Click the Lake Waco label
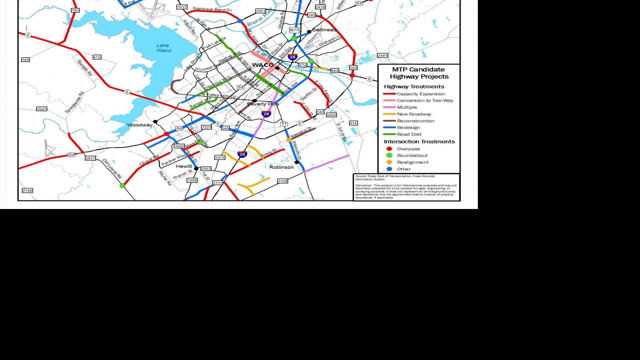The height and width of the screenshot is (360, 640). pos(163,48)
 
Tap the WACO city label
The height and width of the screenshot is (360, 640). pos(263,65)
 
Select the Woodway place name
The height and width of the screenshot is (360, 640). pos(140,125)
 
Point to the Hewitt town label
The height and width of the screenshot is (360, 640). pos(184,166)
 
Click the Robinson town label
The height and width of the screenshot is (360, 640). pos(282,167)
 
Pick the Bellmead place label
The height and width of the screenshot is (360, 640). pos(324,30)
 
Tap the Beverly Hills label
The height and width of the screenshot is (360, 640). pos(263,104)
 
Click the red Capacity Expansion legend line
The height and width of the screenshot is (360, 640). pos(390,94)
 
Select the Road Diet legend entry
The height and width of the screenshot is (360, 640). pos(409,134)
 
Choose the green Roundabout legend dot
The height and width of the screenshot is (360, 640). pos(389,155)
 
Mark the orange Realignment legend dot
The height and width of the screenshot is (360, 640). pos(389,162)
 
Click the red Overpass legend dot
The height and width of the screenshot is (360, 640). pos(389,149)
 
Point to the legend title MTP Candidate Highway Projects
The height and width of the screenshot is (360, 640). pos(419,73)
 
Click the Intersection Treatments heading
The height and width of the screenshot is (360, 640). pos(419,142)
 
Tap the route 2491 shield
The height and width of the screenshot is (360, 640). pos(382,55)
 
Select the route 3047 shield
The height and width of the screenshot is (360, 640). pos(41,109)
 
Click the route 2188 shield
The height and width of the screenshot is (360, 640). pos(27,191)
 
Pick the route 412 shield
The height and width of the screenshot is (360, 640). pos(97,57)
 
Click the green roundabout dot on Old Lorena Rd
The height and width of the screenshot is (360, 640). pos(122,186)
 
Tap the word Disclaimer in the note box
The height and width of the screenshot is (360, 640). pos(364,185)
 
